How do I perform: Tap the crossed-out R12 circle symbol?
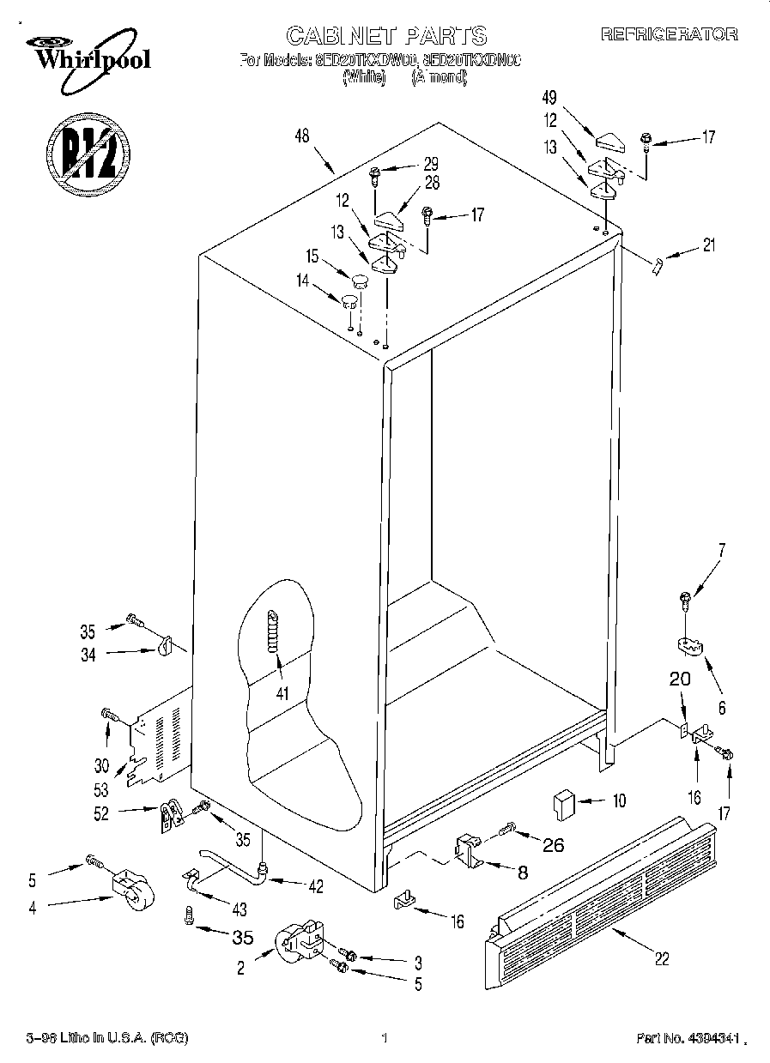click(86, 153)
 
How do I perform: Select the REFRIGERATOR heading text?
click(669, 34)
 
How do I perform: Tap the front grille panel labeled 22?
click(601, 897)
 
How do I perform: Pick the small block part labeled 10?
click(562, 805)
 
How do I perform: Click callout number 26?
click(554, 845)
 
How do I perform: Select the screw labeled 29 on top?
click(374, 176)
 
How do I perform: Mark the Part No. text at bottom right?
click(688, 1038)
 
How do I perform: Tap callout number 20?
click(679, 678)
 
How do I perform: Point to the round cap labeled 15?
click(360, 277)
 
